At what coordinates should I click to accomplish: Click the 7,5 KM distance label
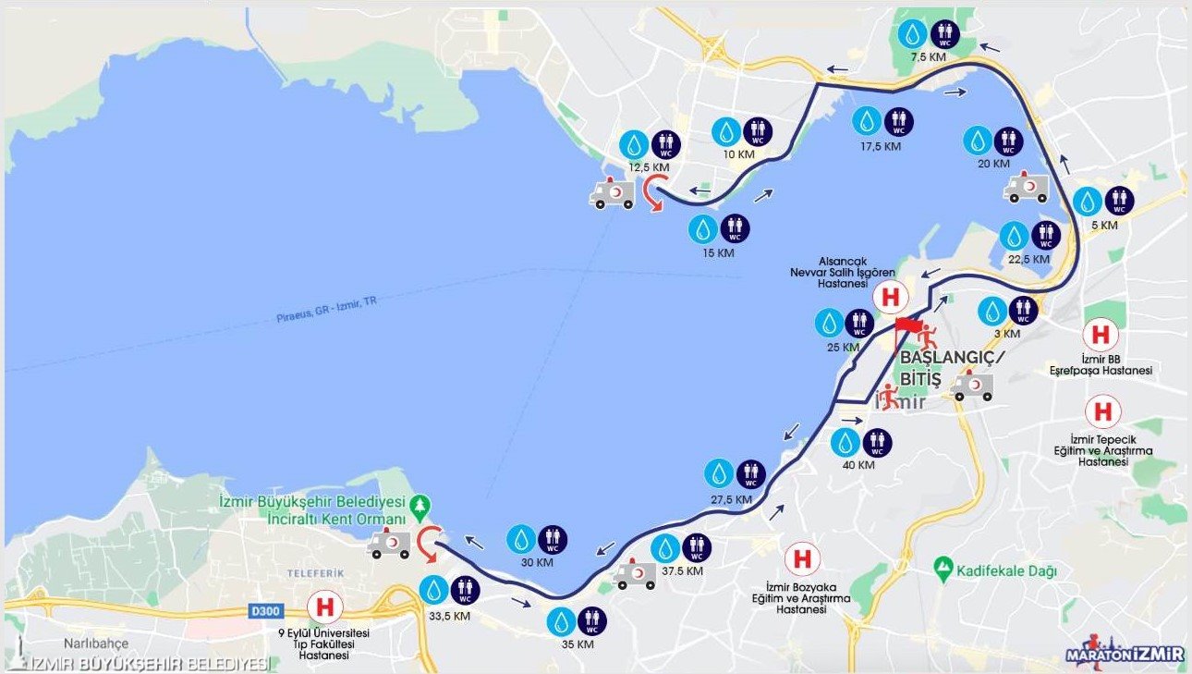tap(929, 57)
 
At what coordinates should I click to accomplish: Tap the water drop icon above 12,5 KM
tap(635, 144)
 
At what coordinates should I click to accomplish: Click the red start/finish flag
tap(908, 325)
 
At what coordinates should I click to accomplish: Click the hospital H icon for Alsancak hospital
tap(891, 298)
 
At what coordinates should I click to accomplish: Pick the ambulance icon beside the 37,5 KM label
tap(634, 575)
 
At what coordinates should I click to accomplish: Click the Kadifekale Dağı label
tap(1007, 570)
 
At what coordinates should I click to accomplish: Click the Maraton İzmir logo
tap(1125, 652)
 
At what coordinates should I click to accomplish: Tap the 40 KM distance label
tap(858, 465)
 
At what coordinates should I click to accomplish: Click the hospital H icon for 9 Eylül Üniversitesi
tap(324, 607)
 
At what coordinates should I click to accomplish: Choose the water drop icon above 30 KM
tap(522, 540)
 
